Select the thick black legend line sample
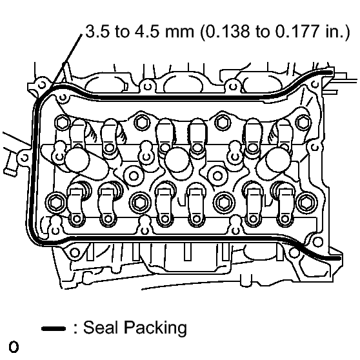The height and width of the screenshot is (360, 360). coord(54,329)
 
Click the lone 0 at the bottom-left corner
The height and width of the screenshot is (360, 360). coord(14,347)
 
